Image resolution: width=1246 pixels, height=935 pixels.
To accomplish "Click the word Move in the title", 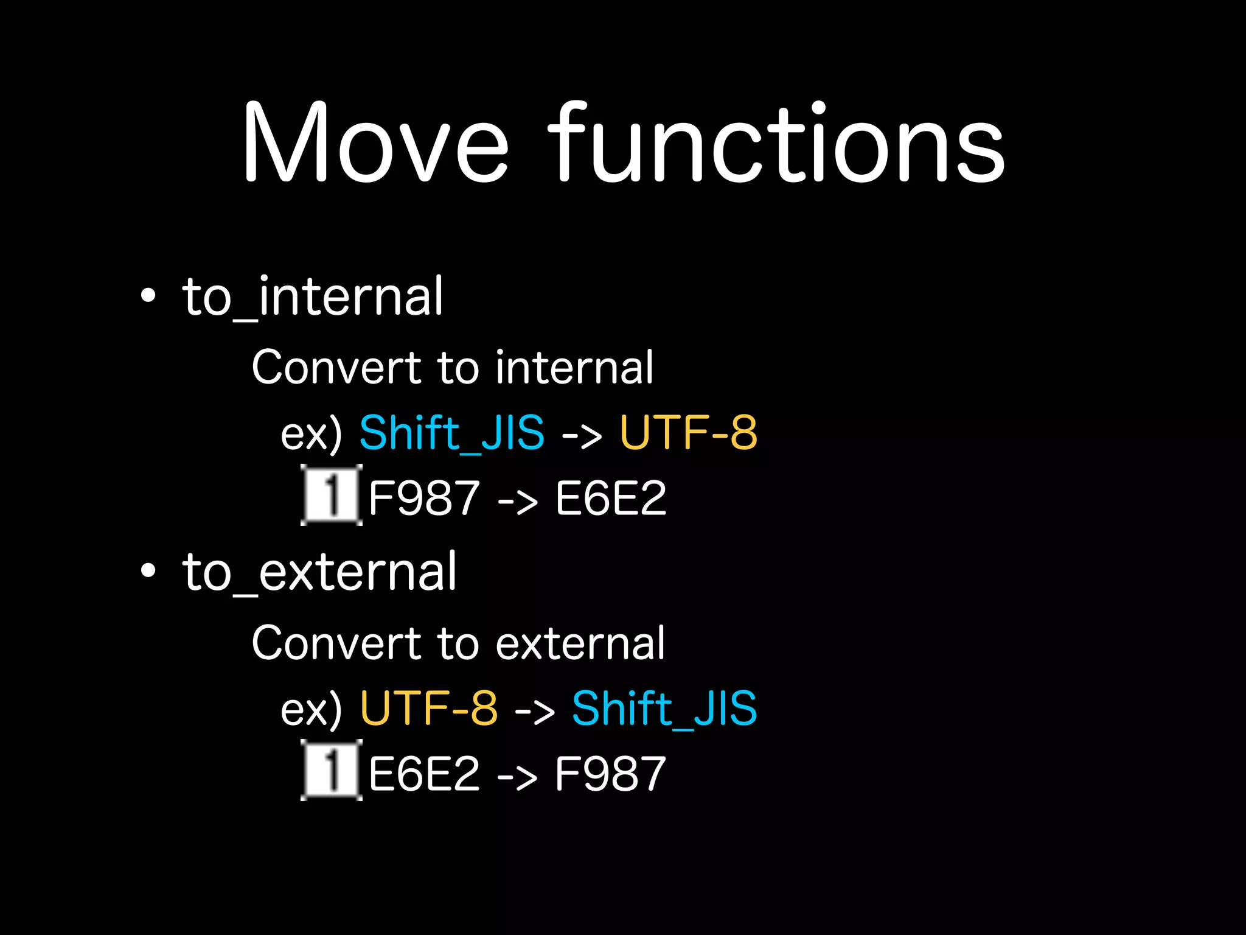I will pos(375,142).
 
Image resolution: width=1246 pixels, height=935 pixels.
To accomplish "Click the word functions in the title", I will pos(776,142).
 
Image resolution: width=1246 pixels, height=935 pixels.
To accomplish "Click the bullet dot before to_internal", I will pos(148,296).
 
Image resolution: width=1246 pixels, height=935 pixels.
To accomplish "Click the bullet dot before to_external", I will pos(148,571).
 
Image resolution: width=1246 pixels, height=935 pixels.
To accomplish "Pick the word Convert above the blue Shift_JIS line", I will pos(336,368).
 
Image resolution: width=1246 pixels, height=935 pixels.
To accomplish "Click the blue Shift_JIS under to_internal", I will pos(451,433).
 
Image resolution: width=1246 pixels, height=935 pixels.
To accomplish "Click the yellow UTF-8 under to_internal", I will pos(688,433).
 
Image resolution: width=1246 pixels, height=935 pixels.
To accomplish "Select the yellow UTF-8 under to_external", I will pos(429,708).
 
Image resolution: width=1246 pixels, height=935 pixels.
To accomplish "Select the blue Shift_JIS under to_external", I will pos(664,708).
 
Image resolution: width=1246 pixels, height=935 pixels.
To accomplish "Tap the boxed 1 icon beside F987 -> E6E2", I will pos(331,495).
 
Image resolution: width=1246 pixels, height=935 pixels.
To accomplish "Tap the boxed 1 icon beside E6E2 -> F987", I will pos(331,770).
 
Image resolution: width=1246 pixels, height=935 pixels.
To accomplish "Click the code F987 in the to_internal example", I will pos(424,499).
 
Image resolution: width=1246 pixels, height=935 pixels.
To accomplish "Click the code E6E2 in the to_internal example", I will pos(610,499).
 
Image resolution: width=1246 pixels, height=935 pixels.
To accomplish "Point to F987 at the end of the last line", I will pos(610,774).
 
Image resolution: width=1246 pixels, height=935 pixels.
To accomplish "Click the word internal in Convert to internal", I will pos(574,368).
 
